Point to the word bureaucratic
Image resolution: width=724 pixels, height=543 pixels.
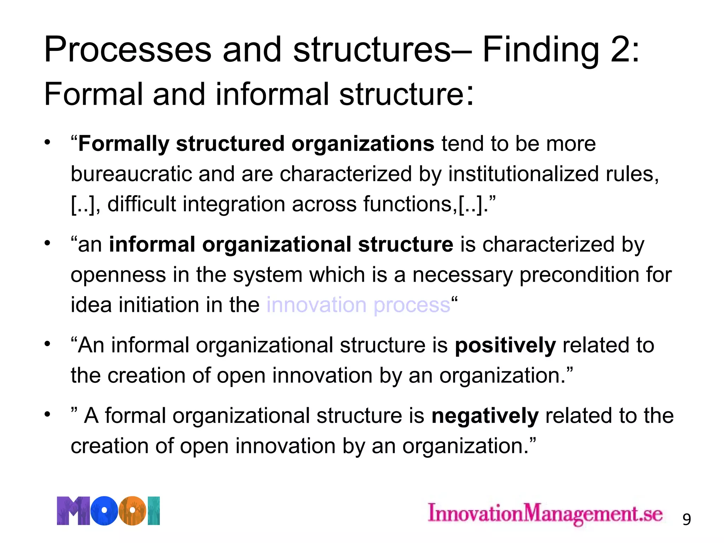[131, 174]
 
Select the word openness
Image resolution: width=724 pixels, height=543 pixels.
[118, 275]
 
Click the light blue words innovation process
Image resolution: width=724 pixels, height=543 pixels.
[358, 305]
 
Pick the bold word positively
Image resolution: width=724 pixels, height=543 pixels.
[505, 345]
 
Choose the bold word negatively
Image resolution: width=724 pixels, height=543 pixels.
[485, 416]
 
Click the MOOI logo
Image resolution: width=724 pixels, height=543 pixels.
[108, 510]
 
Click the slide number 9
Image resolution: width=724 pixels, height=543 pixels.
[686, 519]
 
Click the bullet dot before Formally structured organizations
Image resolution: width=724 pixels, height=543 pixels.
[47, 142]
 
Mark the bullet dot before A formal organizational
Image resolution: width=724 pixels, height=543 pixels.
[47, 414]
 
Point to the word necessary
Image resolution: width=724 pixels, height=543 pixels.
[462, 275]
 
